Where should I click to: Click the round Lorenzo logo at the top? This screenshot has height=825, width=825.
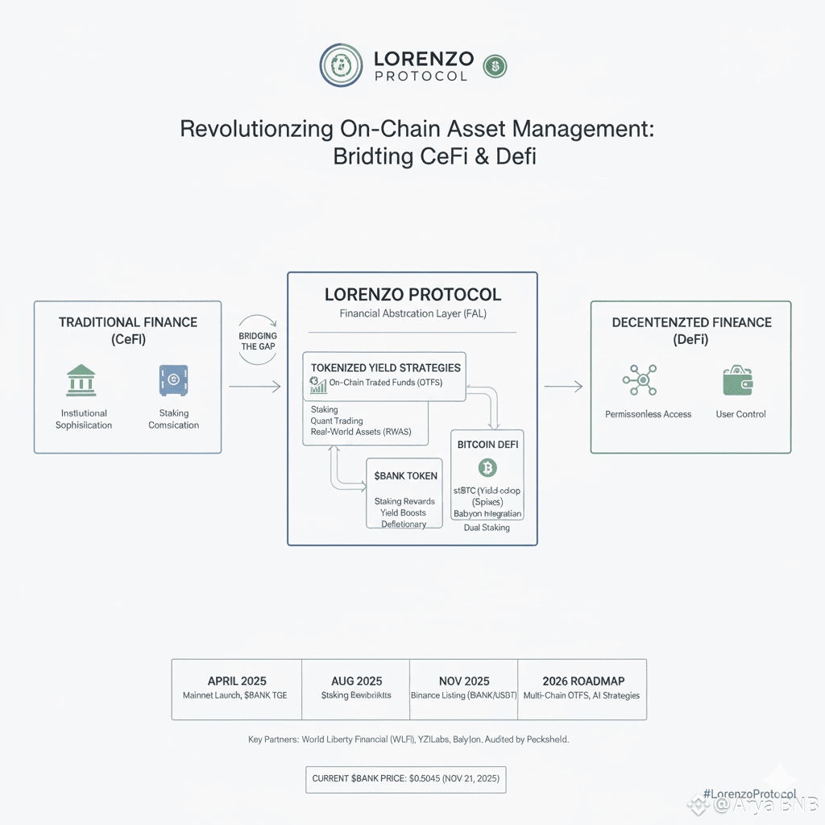click(x=342, y=64)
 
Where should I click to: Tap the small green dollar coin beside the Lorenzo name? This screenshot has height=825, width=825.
click(x=494, y=66)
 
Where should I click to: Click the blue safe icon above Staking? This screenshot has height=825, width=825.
click(x=173, y=380)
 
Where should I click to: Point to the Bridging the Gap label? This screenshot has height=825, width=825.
click(x=259, y=340)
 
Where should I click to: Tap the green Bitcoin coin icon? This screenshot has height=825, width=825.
click(x=487, y=467)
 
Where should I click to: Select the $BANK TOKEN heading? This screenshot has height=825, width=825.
click(x=405, y=476)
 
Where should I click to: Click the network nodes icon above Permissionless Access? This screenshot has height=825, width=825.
click(x=641, y=379)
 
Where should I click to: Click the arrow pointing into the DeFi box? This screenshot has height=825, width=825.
click(x=563, y=388)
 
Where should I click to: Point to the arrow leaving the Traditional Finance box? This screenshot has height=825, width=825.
click(x=255, y=388)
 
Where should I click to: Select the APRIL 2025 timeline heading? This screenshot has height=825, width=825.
click(x=237, y=681)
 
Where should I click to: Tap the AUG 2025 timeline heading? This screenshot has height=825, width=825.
click(x=356, y=681)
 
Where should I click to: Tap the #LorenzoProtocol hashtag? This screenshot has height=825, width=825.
click(x=749, y=794)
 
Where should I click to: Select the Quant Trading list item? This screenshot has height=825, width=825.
click(x=337, y=421)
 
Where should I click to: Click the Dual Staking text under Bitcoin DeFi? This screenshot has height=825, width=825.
click(x=487, y=528)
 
